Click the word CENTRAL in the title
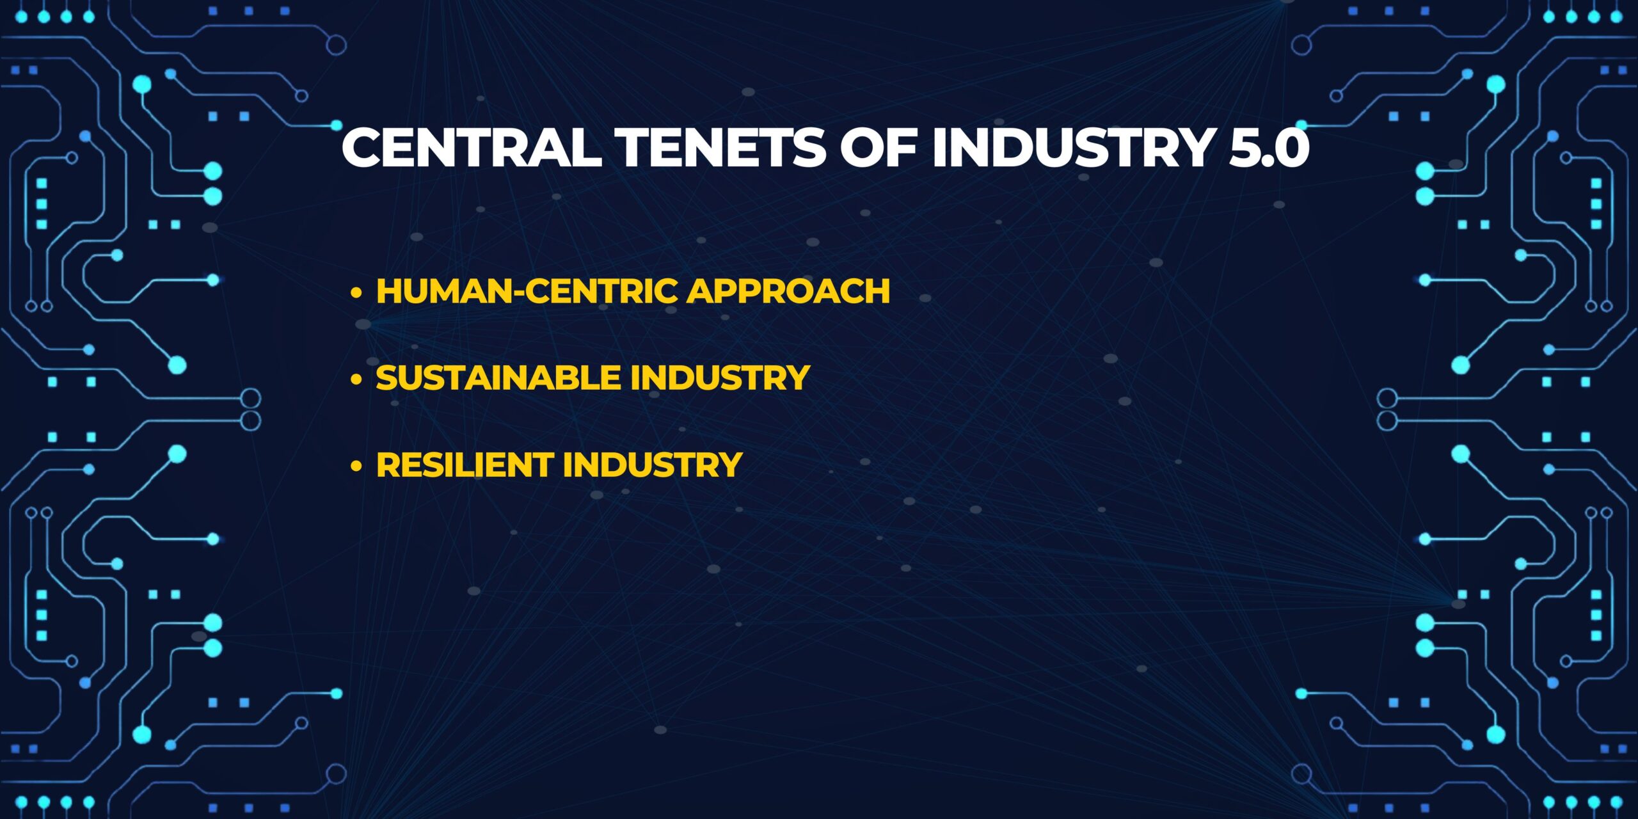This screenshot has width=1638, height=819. (x=472, y=147)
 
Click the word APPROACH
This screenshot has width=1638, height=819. (x=788, y=291)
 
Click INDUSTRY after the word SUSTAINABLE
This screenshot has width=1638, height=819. (x=720, y=378)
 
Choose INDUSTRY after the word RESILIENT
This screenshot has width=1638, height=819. (x=653, y=465)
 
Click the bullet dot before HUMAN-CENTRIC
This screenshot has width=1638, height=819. (x=356, y=293)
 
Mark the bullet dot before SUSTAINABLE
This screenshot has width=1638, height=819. (x=356, y=379)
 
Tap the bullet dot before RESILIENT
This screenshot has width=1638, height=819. (x=356, y=466)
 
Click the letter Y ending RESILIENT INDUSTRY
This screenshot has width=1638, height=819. (x=730, y=465)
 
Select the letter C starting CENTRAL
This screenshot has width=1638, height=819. (x=362, y=147)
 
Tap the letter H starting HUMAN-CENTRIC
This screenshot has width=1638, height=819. (x=389, y=291)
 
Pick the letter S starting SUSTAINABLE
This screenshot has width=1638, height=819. (x=387, y=378)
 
